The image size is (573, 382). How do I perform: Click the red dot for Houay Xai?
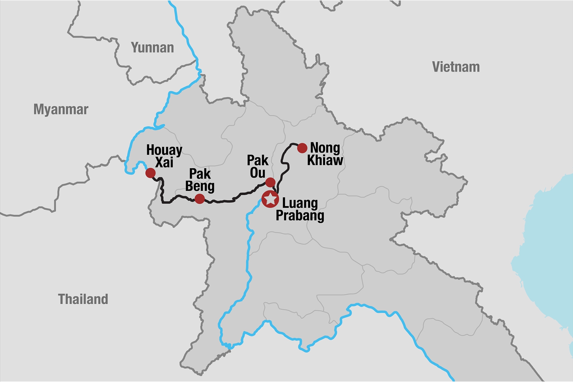click(150, 173)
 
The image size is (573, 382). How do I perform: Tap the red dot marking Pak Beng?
click(200, 199)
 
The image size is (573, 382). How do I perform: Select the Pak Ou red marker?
click(270, 182)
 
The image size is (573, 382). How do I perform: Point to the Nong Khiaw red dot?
click(302, 148)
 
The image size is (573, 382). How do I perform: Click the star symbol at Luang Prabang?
click(270, 199)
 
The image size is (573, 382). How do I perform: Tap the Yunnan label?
click(152, 48)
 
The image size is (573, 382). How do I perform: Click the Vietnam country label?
click(456, 67)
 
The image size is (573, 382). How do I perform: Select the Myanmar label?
click(61, 109)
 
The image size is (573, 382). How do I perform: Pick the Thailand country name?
click(83, 299)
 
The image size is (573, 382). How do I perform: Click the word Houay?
click(164, 150)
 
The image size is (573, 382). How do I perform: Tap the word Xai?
click(164, 163)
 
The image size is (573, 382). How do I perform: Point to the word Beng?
click(200, 186)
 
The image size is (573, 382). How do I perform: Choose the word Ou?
click(258, 173)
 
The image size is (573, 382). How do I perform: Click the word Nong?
click(325, 148)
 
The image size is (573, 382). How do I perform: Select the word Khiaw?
click(325, 160)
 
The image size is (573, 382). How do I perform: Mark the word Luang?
click(300, 203)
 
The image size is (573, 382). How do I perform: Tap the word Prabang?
click(300, 215)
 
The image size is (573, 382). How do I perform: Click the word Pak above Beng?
click(200, 174)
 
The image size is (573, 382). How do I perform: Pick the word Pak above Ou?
click(258, 161)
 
